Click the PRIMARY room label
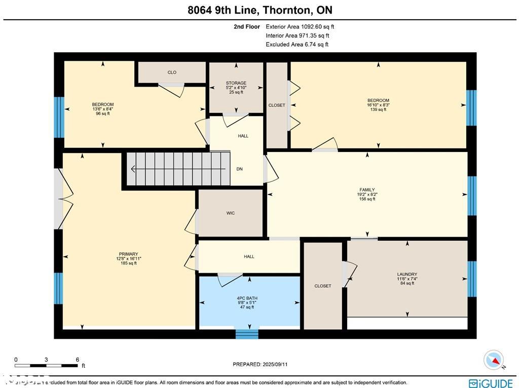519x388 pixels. click(128, 254)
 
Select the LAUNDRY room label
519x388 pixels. click(407, 275)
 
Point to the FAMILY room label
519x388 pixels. click(367, 190)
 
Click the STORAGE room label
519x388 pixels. click(236, 83)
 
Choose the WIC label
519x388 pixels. click(231, 213)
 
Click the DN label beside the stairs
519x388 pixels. click(239, 169)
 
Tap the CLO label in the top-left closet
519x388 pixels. click(172, 72)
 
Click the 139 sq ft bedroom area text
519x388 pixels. click(378, 109)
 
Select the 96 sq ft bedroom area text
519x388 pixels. click(102, 113)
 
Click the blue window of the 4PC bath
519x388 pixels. click(247, 334)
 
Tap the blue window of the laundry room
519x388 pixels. click(472, 279)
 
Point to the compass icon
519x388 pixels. click(493, 360)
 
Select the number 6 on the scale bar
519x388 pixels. click(78, 360)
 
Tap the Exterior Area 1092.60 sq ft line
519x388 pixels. click(300, 27)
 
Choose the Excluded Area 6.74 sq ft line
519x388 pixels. click(297, 45)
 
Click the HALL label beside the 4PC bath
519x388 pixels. click(249, 256)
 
